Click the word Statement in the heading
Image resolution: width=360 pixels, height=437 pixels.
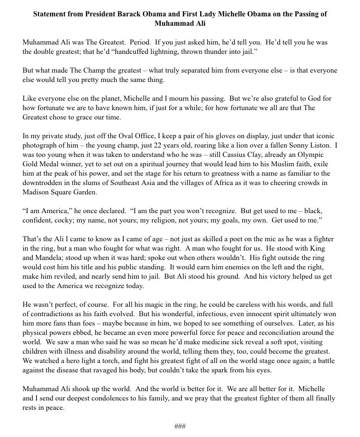pyautogui.click(x=51, y=14)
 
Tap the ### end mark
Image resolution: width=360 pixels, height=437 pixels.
pyautogui.click(x=180, y=426)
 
